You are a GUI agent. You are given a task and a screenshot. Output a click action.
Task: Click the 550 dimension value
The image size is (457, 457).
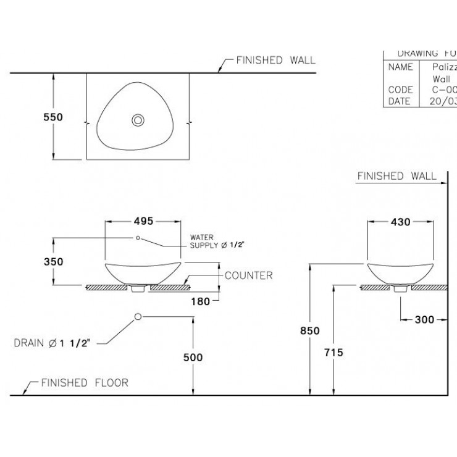click(53, 116)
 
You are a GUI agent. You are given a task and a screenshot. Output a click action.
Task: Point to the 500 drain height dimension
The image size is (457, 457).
click(193, 358)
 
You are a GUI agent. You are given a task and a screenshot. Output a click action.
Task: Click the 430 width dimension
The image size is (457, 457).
click(400, 222)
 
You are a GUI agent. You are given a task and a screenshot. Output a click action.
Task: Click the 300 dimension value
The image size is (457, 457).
click(424, 319)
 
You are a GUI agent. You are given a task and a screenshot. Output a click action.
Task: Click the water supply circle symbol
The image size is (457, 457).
click(138, 238)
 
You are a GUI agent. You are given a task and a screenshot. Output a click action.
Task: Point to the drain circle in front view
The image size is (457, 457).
click(138, 317)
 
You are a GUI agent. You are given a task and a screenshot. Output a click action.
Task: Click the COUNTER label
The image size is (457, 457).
click(248, 275)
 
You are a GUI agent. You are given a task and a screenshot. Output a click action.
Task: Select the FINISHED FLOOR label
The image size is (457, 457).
click(85, 383)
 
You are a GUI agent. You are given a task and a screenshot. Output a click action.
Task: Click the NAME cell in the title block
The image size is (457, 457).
click(400, 67)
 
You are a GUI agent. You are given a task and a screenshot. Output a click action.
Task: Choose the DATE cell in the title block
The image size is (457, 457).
click(400, 101)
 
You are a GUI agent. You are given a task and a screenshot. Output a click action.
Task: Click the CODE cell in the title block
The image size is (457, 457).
click(400, 90)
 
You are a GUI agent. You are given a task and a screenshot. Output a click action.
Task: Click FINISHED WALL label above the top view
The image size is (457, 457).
click(275, 61)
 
